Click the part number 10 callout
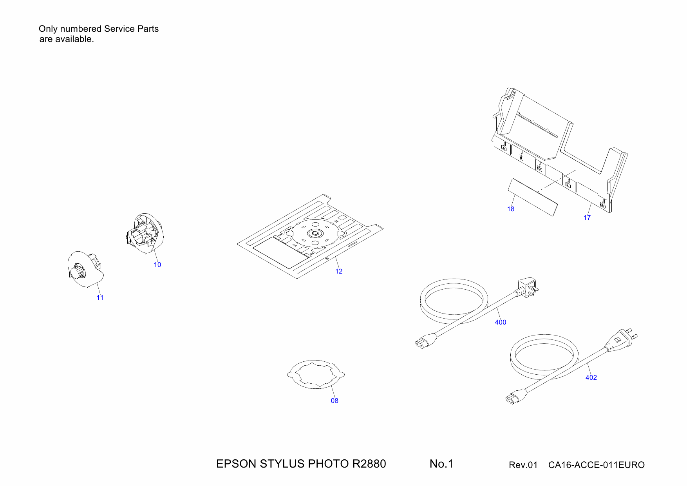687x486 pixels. (157, 265)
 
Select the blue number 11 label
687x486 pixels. (100, 297)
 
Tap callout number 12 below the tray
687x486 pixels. (339, 271)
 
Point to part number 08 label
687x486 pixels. (334, 401)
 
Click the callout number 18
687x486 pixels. (511, 209)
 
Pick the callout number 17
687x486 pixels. (587, 218)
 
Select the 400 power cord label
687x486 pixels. (500, 322)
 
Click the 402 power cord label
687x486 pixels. (591, 377)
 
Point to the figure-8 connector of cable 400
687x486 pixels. (423, 342)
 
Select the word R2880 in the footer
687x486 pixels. (369, 464)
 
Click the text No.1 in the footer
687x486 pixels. (441, 464)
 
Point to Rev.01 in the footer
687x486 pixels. (523, 465)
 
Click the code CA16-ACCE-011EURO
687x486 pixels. (596, 465)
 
